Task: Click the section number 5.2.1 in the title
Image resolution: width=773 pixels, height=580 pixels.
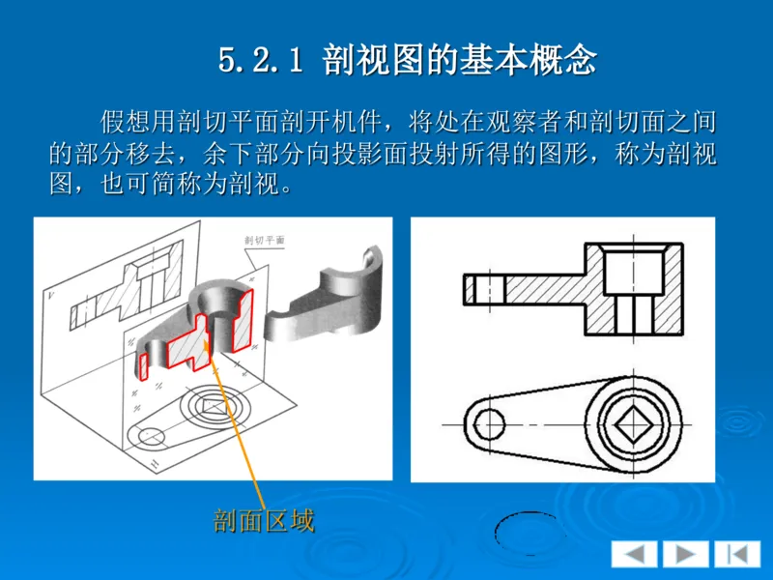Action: pyautogui.click(x=260, y=61)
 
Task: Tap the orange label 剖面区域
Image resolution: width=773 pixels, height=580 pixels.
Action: pyautogui.click(x=264, y=521)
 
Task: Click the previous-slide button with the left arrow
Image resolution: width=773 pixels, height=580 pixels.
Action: pyautogui.click(x=634, y=554)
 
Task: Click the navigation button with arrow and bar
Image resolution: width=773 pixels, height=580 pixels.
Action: pyautogui.click(x=737, y=554)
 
